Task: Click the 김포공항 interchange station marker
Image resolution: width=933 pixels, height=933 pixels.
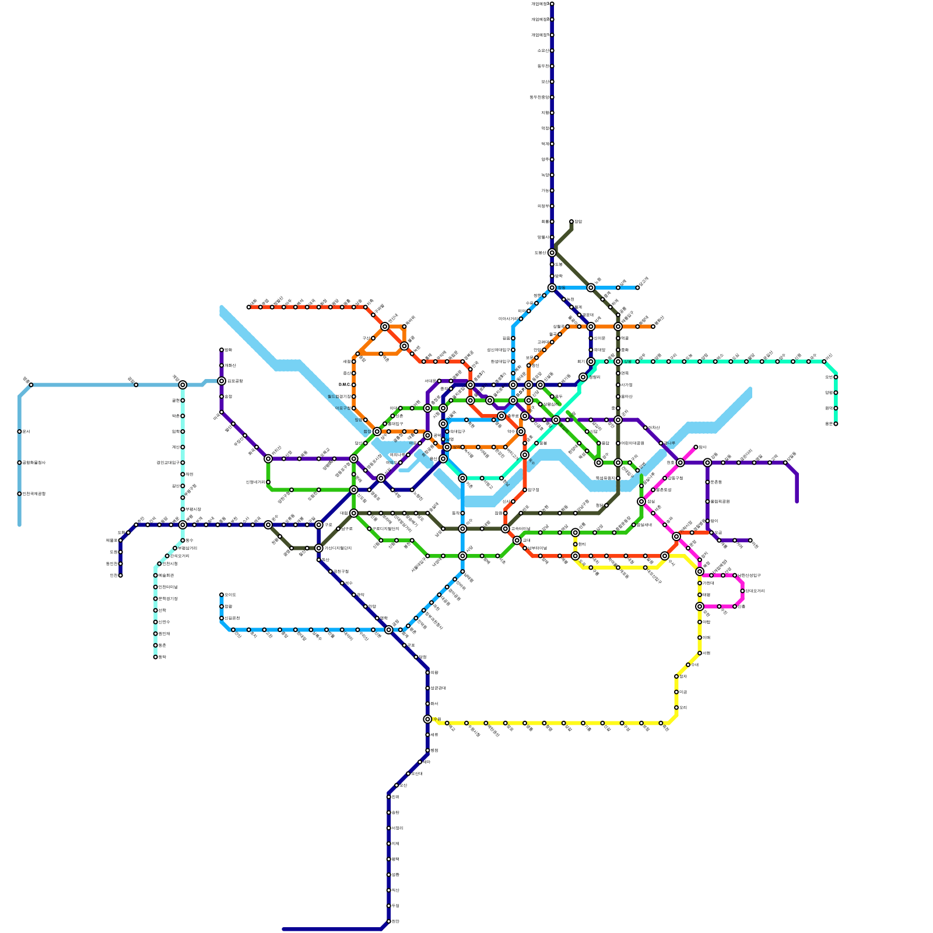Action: (x=222, y=381)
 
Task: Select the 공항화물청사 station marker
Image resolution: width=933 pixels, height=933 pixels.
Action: (x=19, y=463)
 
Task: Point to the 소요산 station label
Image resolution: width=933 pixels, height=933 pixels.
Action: (x=542, y=51)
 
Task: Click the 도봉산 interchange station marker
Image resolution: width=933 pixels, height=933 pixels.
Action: (x=552, y=252)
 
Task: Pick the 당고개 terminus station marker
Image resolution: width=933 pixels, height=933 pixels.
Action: (x=637, y=287)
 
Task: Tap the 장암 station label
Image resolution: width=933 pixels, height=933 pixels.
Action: (x=578, y=222)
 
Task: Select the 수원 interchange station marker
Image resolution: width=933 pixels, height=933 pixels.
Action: (x=427, y=719)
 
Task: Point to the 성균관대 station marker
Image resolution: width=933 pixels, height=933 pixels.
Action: (x=427, y=688)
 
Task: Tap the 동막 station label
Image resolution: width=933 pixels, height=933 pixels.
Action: (x=162, y=657)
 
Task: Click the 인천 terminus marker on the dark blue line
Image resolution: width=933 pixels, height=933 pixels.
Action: (x=120, y=576)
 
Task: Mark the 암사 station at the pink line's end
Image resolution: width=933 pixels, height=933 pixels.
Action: (x=696, y=447)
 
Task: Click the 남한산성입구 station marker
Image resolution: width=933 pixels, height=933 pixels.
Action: (x=735, y=576)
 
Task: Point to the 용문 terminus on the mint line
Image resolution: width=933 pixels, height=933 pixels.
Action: (x=836, y=424)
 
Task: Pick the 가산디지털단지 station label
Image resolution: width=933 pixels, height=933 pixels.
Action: (x=338, y=548)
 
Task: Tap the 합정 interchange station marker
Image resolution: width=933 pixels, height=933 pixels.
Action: (x=377, y=432)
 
